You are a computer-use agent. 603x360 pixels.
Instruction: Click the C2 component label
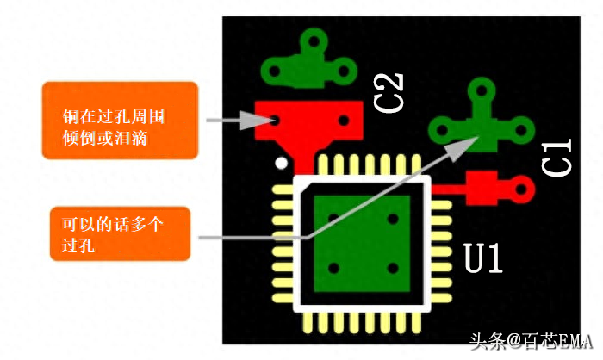pos(389,93)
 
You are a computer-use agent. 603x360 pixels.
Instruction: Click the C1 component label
pos(556,157)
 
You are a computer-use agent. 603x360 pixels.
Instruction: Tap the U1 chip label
pos(483,258)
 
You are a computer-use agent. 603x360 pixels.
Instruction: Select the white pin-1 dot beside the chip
pos(282,163)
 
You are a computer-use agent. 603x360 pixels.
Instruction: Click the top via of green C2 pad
pos(314,40)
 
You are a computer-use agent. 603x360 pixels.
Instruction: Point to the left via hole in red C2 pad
pos(274,121)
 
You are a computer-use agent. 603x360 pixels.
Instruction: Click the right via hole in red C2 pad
pos(344,121)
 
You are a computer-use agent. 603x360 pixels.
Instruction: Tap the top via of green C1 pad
pos(482,90)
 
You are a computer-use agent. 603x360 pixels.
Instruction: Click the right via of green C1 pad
pos(520,130)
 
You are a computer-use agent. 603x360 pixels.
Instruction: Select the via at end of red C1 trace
pos(521,189)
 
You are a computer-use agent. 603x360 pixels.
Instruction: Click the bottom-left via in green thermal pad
pos(334,268)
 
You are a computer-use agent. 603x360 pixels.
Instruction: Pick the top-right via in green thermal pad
pos(393,219)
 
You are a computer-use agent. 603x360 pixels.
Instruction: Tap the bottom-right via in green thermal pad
pos(393,268)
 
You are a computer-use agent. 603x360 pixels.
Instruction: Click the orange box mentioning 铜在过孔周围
pos(120,121)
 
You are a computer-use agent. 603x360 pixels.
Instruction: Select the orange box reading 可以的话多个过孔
pos(120,234)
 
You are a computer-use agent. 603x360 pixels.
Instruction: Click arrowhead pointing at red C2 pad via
pos(255,121)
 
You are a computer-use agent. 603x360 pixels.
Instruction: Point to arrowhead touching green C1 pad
pos(463,147)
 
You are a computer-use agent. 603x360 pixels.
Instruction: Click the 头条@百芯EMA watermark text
pos(531,342)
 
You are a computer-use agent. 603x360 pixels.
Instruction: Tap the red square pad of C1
pos(482,188)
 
